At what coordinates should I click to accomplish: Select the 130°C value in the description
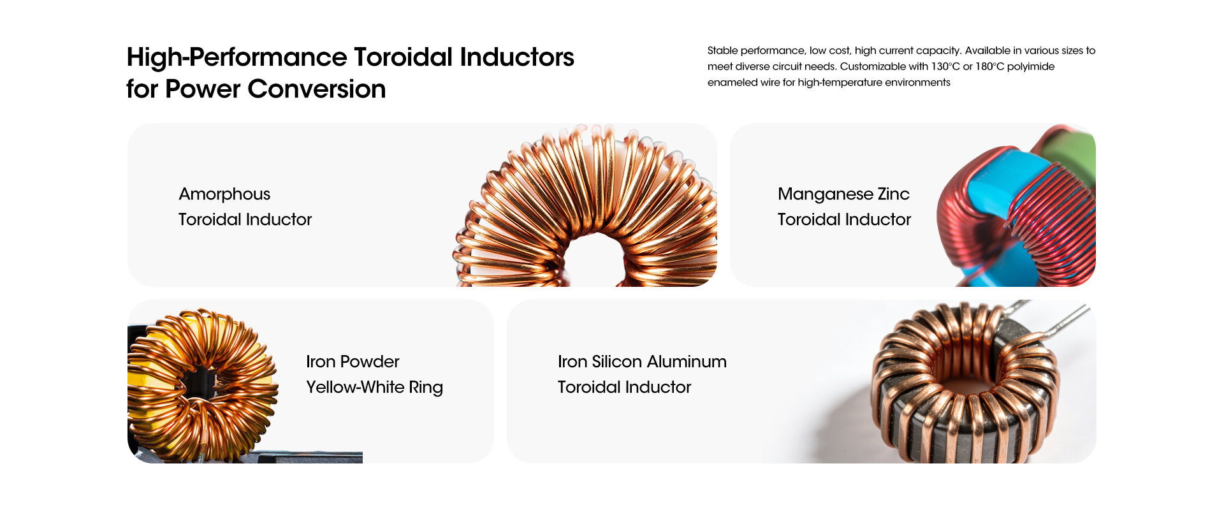[945, 66]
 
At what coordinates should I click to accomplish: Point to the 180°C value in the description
[989, 66]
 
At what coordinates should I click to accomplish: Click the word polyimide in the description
[1031, 67]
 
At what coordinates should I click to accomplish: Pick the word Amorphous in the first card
[224, 194]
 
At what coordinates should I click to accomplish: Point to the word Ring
[426, 388]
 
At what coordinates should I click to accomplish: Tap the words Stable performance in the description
[756, 51]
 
